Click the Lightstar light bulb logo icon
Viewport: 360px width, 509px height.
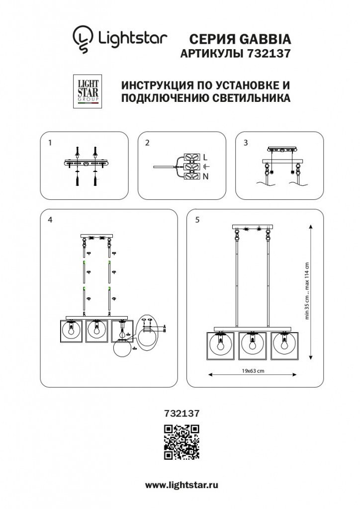pyautogui.click(x=83, y=39)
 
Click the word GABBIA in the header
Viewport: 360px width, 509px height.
pyautogui.click(x=265, y=39)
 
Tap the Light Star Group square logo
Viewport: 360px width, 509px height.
pyautogui.click(x=88, y=91)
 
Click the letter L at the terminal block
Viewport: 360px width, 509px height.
pyautogui.click(x=205, y=158)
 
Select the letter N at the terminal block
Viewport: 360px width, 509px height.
pyautogui.click(x=205, y=176)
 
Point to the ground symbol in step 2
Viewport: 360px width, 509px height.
pyautogui.click(x=206, y=167)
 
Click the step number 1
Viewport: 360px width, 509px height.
pyautogui.click(x=50, y=143)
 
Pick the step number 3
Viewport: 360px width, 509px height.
pyautogui.click(x=246, y=143)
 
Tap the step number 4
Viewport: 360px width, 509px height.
pyautogui.click(x=50, y=220)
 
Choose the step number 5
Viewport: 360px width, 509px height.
pyautogui.click(x=197, y=220)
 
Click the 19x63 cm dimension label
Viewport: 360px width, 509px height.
pyautogui.click(x=253, y=371)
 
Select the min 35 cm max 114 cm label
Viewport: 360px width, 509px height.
pyautogui.click(x=307, y=290)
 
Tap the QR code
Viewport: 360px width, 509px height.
pyautogui.click(x=181, y=442)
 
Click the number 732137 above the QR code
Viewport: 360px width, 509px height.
pyautogui.click(x=182, y=413)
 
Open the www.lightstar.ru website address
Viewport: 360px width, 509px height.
pyautogui.click(x=181, y=485)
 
